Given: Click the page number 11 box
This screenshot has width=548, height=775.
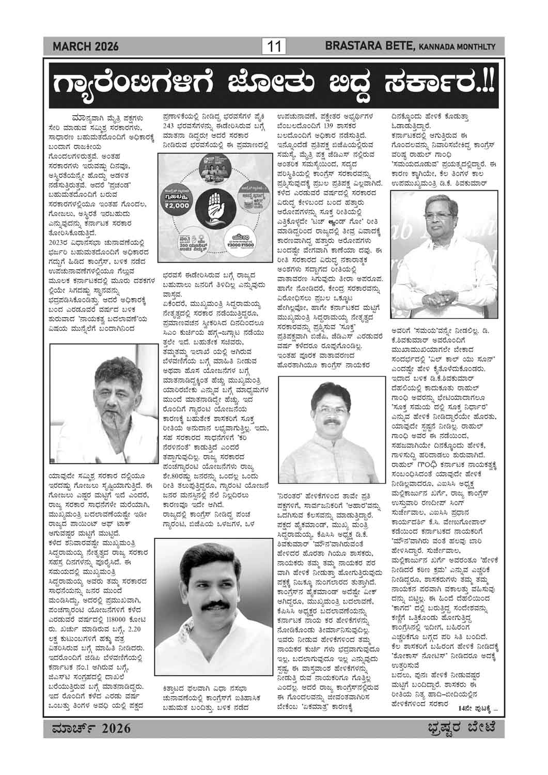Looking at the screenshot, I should click(274, 47).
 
